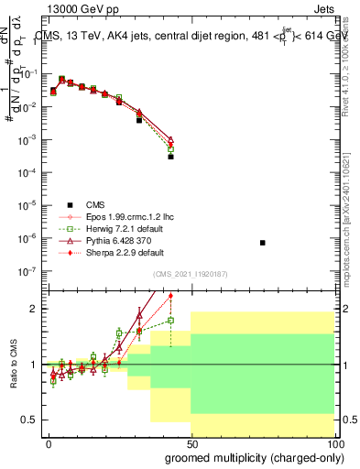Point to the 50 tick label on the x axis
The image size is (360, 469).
pyautogui.click(x=191, y=444)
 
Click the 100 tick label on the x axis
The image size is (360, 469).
pyautogui.click(x=333, y=444)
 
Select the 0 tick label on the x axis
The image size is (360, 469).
pyautogui.click(x=49, y=444)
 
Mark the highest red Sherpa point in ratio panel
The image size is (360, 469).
pyautogui.click(x=171, y=296)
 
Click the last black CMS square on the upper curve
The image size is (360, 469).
pyautogui.click(x=171, y=157)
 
